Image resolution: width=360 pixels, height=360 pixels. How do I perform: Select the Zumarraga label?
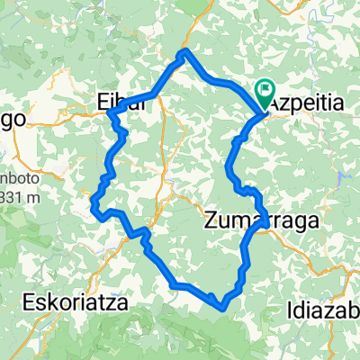256,219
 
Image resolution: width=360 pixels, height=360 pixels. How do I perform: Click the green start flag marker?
265,90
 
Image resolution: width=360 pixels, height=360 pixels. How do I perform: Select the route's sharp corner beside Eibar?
110,112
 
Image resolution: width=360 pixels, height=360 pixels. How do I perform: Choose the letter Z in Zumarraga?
211,219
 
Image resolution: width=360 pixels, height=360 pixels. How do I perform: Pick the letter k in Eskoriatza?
47,301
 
